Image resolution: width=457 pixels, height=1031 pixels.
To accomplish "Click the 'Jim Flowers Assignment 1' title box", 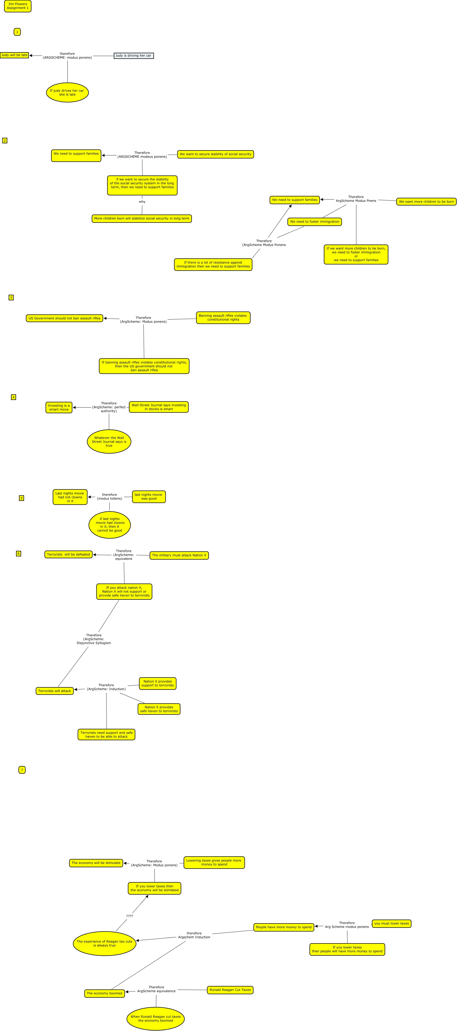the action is point(18,6).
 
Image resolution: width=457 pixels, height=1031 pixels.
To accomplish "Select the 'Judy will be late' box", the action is point(14,55).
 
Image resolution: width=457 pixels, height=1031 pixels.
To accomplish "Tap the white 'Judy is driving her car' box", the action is point(134,56).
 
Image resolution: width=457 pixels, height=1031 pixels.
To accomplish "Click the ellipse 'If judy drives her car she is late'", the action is point(67,92).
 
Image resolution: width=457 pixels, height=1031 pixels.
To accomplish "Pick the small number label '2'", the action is point(5,141).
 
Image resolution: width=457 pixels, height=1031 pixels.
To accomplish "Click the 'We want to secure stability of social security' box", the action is point(215,154).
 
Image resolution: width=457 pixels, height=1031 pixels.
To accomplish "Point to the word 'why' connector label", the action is point(142,202).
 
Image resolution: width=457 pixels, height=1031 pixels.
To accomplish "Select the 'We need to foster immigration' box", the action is point(315,222).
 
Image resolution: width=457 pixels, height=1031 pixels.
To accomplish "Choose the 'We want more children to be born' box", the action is point(426,202).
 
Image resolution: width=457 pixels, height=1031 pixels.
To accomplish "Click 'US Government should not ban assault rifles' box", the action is point(65,318).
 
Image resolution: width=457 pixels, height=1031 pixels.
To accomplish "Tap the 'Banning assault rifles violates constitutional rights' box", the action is point(223,318).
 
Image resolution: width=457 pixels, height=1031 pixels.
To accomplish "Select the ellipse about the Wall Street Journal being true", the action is point(109,442).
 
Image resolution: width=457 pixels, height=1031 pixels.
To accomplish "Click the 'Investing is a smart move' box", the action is point(59,408).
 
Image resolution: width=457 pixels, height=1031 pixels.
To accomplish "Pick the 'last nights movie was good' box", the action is point(148,497).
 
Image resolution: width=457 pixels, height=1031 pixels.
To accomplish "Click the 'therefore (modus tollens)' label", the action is point(109,497).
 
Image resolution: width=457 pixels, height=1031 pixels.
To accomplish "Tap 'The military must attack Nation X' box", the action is point(179,555).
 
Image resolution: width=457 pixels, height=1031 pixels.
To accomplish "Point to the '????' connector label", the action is point(130,916).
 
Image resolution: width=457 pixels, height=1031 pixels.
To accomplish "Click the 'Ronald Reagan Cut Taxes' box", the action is point(230,990).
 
